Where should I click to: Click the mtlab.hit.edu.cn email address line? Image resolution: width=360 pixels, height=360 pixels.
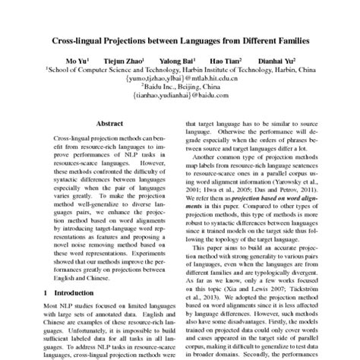pos(180,77)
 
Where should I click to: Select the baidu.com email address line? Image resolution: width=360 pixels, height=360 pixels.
pos(180,96)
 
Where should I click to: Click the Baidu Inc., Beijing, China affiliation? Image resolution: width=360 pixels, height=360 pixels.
pos(180,87)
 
